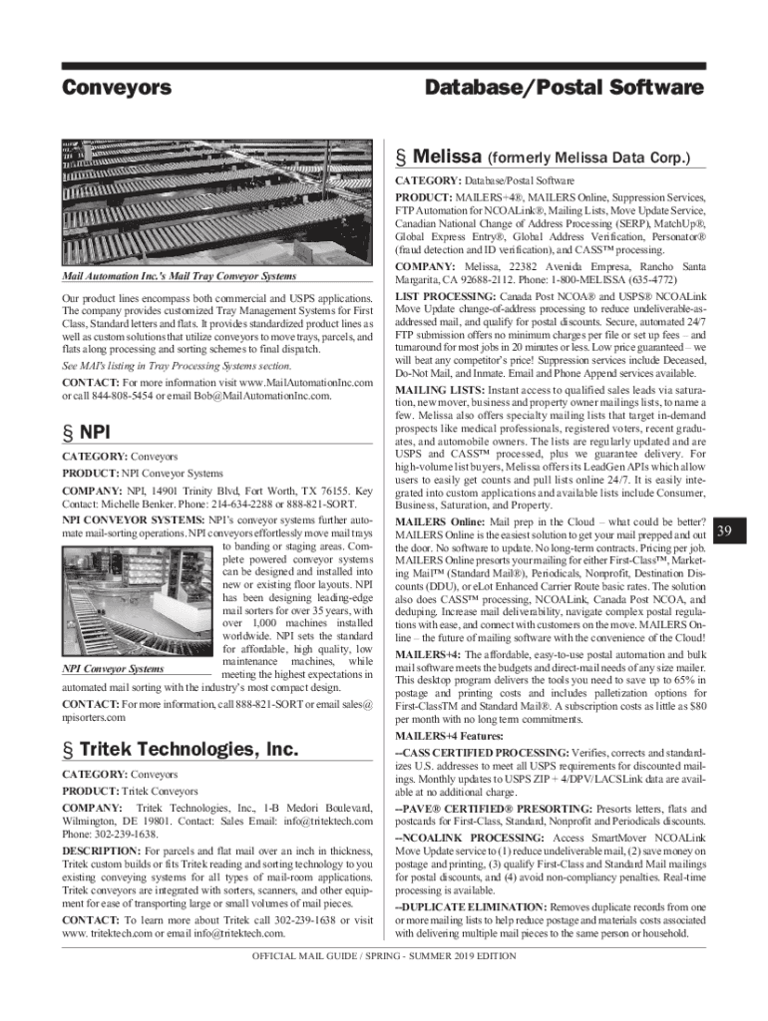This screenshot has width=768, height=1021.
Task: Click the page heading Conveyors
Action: [117, 89]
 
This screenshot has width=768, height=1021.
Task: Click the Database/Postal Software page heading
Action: [565, 89]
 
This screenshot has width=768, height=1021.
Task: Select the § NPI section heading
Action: [87, 432]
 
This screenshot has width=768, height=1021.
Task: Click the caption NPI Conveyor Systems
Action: [113, 669]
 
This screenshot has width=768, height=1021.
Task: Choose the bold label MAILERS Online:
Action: [439, 522]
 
